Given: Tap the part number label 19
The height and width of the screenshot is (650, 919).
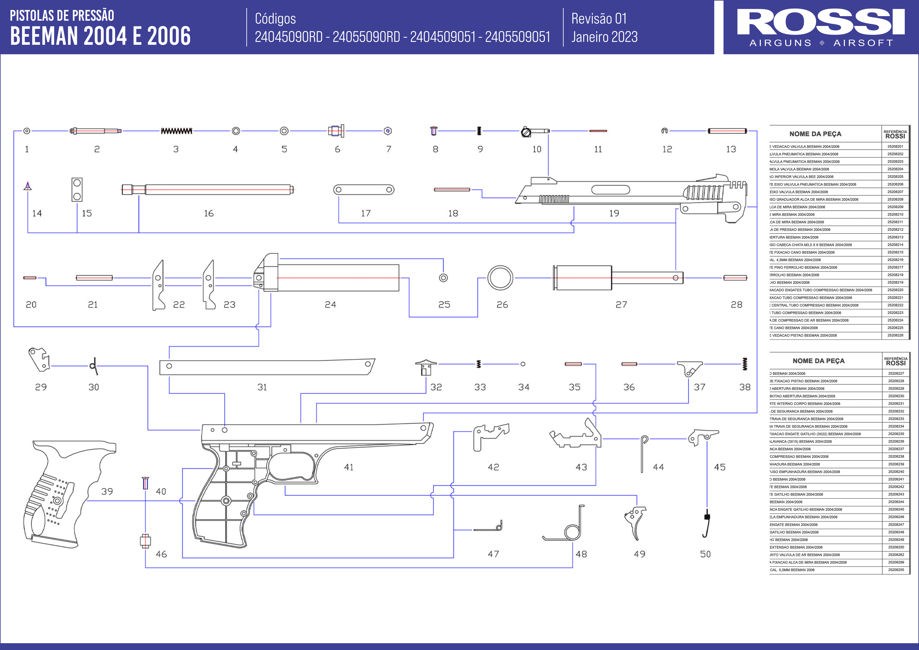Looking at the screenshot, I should click(x=614, y=213).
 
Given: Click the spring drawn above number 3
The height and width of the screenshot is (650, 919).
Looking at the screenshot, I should click(x=176, y=131).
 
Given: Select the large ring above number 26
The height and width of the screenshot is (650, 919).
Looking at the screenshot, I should click(x=500, y=278).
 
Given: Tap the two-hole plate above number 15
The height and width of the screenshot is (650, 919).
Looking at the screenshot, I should click(x=77, y=189).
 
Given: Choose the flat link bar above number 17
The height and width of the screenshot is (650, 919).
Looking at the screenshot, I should click(x=364, y=190).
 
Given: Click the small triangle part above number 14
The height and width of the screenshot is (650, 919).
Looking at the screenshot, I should click(x=27, y=186).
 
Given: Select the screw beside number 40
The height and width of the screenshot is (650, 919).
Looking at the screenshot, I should click(x=145, y=483).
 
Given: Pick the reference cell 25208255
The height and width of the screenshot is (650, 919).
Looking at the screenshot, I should click(x=896, y=570).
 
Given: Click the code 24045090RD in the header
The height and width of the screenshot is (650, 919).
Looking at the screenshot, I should click(x=289, y=37).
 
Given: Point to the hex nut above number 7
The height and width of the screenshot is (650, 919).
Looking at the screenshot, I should click(x=387, y=131).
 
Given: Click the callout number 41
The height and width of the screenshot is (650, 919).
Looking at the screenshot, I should click(x=349, y=467).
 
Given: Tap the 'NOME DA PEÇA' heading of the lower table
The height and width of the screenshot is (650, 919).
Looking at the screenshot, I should click(x=818, y=361).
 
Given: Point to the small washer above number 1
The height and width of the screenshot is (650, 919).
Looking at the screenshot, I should click(x=27, y=131).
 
